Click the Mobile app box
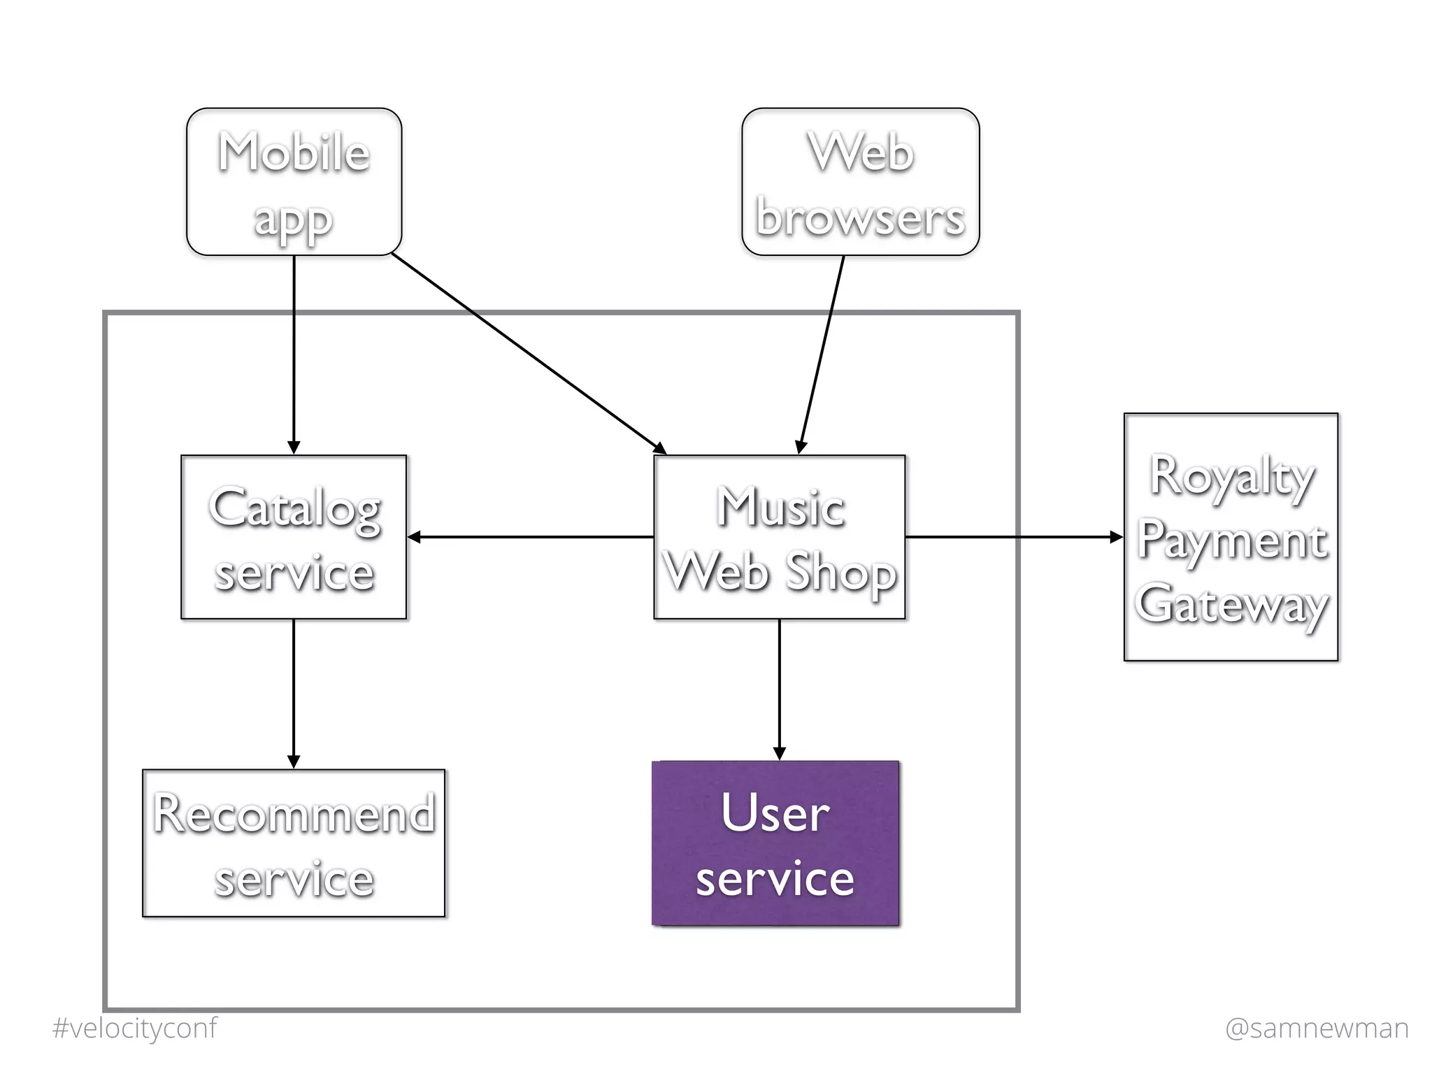pyautogui.click(x=294, y=182)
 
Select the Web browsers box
pyautogui.click(x=860, y=182)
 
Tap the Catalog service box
pyautogui.click(x=294, y=537)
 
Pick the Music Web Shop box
pyautogui.click(x=779, y=537)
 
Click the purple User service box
pyautogui.click(x=775, y=843)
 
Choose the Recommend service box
pyautogui.click(x=294, y=843)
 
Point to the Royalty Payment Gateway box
pyautogui.click(x=1231, y=537)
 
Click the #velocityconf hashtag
pyautogui.click(x=134, y=1028)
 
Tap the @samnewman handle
pyautogui.click(x=1317, y=1028)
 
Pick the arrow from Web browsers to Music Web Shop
pyautogui.click(x=822, y=353)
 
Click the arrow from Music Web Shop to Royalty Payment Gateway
pyautogui.click(x=1014, y=537)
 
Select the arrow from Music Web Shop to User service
pyautogui.click(x=779, y=689)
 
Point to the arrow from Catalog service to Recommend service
pyautogui.click(x=294, y=692)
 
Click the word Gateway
pyautogui.click(x=1231, y=604)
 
